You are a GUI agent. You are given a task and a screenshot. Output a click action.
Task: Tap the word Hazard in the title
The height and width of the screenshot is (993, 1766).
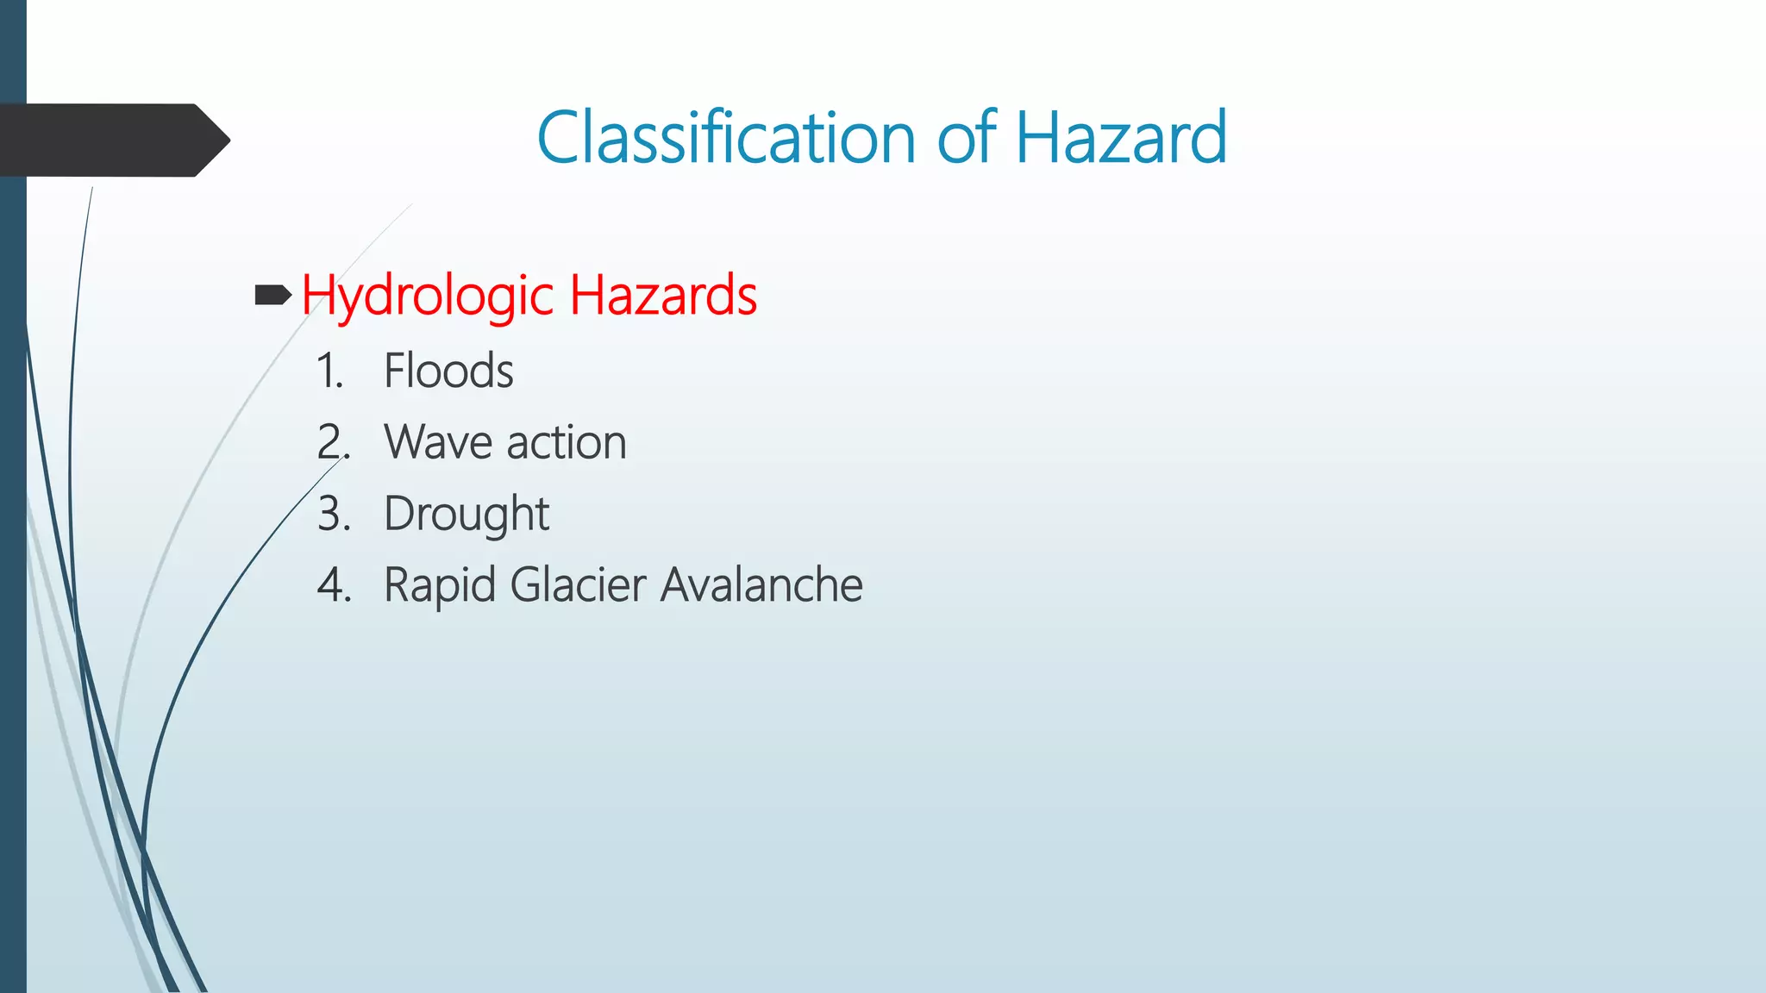[x=1120, y=138]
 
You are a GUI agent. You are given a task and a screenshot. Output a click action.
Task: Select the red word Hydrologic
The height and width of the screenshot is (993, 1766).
[x=428, y=297]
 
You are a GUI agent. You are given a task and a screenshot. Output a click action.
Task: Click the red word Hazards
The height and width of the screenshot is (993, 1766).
[x=662, y=295]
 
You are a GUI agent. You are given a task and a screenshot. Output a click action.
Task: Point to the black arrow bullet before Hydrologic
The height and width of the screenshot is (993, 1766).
[x=273, y=297]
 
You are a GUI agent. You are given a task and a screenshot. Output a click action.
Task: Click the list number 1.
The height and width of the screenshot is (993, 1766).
[x=329, y=372]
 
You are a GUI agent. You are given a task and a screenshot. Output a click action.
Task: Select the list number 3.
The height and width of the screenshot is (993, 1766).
[x=334, y=515]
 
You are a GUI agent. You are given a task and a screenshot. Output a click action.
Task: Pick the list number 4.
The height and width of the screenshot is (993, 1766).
[x=334, y=586]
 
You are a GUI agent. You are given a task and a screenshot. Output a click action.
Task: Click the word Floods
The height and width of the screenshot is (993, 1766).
[x=448, y=372]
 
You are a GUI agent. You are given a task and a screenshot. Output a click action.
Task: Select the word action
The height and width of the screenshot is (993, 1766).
[x=566, y=443]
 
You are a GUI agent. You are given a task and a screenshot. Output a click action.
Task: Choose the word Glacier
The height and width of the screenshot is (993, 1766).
[x=578, y=585]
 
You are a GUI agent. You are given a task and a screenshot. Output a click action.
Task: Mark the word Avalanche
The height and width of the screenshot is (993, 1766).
[x=761, y=585]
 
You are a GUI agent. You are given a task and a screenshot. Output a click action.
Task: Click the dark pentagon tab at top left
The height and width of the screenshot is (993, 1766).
[x=112, y=141]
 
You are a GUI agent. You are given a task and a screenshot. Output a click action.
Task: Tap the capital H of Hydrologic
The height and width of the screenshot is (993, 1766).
[x=317, y=295]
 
